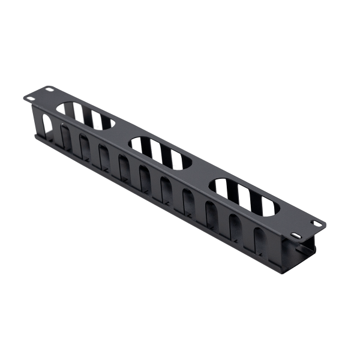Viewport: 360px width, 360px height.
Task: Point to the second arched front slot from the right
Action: click(235, 226)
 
